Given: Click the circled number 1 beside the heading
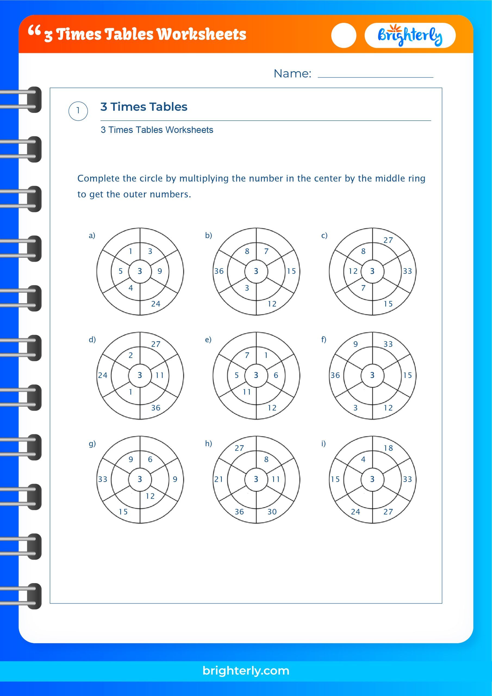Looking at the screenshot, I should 78,111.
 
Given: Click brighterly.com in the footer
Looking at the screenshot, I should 246,670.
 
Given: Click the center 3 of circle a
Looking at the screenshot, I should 140,271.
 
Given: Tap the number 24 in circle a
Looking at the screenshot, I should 155,304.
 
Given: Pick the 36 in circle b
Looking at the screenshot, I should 219,271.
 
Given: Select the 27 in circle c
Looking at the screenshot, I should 388,240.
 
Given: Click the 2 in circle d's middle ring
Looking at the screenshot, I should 131,355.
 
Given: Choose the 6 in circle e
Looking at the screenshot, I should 276,375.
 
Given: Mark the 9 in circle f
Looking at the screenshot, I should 356,344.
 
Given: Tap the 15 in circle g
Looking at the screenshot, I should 123,512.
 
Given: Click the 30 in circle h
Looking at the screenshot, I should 272,512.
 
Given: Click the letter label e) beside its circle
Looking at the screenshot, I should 208,340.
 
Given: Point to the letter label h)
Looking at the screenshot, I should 208,443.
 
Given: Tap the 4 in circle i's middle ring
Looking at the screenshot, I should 363,459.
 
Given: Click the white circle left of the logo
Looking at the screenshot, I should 344,35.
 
